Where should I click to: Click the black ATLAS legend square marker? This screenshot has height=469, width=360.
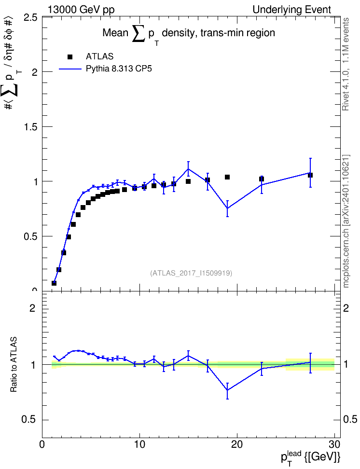70,57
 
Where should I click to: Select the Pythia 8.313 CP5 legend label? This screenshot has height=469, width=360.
119,69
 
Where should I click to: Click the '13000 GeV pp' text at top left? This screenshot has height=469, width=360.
81,10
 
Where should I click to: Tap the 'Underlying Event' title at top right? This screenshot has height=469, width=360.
292,10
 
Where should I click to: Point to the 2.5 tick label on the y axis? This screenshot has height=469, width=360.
30,18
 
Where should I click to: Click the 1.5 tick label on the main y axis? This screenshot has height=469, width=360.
30,127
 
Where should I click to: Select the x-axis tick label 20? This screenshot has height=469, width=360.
237,444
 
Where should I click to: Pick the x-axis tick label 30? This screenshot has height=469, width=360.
334,444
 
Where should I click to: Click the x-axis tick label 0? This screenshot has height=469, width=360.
42,444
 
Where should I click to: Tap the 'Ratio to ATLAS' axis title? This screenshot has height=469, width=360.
14,365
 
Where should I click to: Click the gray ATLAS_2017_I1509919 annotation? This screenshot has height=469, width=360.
191,273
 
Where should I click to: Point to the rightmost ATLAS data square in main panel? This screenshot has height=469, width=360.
310,175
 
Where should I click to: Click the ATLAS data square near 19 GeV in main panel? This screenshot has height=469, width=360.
227,177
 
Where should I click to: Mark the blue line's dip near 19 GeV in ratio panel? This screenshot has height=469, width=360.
227,390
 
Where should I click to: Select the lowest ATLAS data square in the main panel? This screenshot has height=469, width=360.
54,283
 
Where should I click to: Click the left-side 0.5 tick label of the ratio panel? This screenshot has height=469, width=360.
28,420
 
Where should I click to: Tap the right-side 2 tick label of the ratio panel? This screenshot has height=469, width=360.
346,308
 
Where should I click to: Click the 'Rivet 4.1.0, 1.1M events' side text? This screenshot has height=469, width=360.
346,64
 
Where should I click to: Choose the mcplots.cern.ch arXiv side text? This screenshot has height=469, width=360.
346,221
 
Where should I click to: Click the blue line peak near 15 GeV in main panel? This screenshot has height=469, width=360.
188,169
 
